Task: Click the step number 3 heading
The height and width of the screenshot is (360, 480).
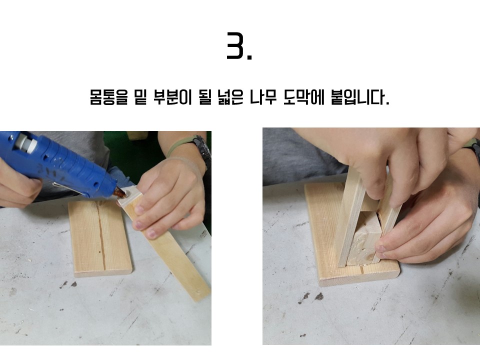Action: tap(239, 46)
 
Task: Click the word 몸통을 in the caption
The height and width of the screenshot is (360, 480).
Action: tap(108, 97)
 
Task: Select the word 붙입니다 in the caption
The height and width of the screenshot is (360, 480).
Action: tap(360, 97)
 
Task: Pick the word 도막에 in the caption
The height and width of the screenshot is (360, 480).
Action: tap(303, 97)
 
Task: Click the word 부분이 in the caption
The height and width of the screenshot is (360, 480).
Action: tap(172, 97)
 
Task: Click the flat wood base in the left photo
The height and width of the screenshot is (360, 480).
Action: tap(100, 238)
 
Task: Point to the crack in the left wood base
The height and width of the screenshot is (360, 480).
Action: tap(100, 235)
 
